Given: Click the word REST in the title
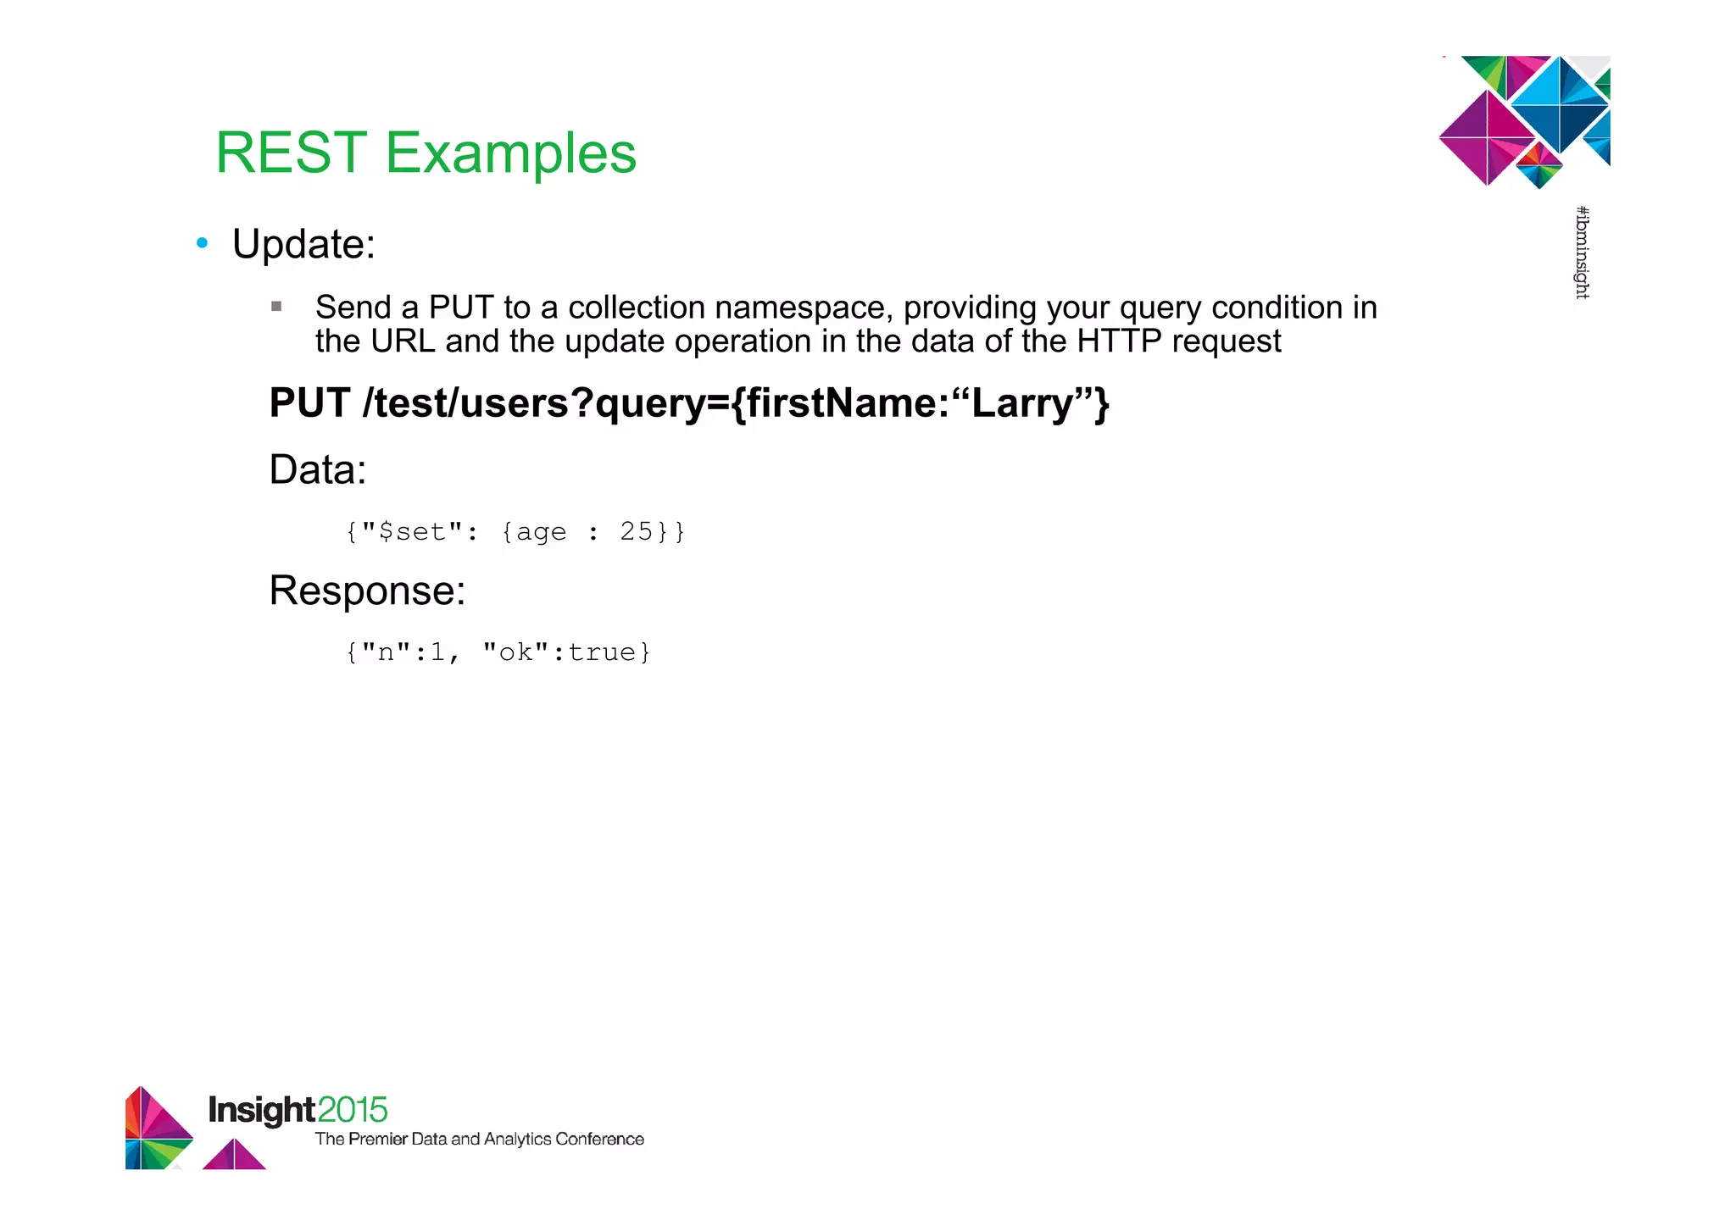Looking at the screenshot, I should (291, 153).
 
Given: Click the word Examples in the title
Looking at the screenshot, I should (510, 153).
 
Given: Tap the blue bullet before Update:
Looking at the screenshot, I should (202, 244).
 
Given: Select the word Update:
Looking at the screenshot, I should (303, 245).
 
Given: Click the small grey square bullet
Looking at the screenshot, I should (276, 307).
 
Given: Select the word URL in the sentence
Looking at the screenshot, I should (403, 341).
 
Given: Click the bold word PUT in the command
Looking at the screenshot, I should (309, 402).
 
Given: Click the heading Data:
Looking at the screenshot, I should (317, 469).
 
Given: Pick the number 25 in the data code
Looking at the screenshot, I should (636, 531).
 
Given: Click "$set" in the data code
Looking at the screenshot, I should (412, 531).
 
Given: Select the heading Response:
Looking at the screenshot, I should (367, 591).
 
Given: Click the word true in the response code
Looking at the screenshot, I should (601, 652).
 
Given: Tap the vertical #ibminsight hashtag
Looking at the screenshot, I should (1582, 252).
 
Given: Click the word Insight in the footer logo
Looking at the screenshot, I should (261, 1110).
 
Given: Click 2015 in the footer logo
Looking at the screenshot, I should (353, 1110).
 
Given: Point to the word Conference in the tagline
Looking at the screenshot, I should (599, 1140).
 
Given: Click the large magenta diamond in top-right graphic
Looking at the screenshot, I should (1488, 137).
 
